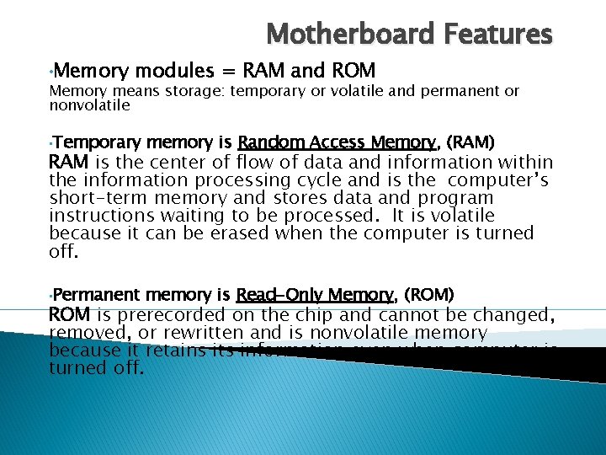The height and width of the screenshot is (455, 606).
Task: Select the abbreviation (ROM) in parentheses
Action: tap(429, 294)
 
